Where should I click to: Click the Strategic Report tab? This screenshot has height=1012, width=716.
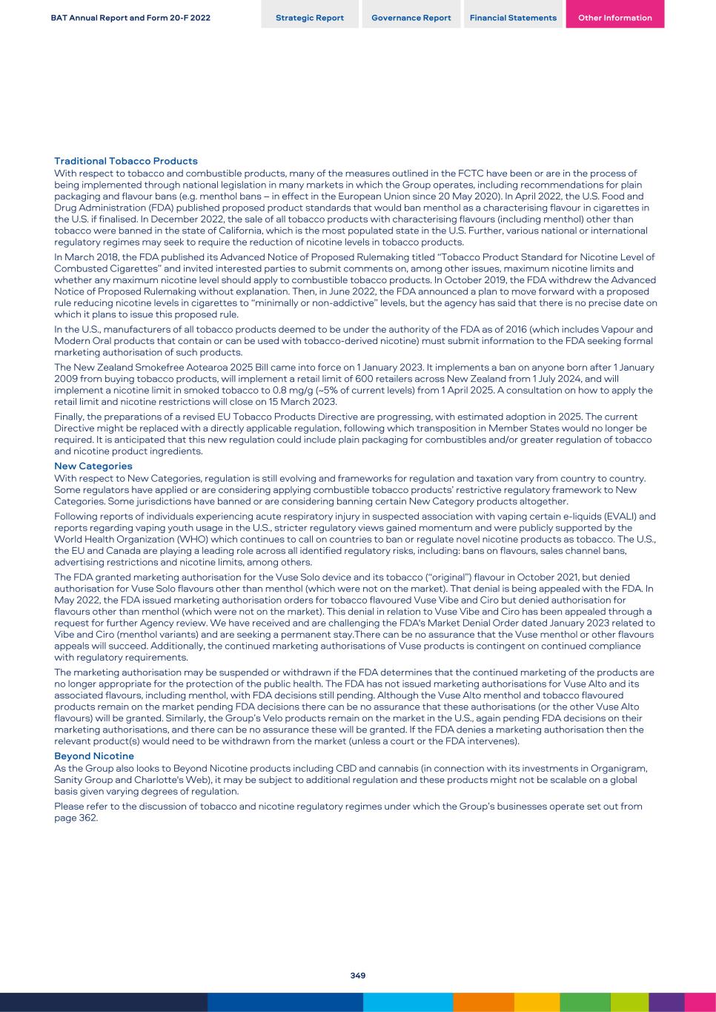tap(309, 18)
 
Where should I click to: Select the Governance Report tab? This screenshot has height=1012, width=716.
tap(411, 18)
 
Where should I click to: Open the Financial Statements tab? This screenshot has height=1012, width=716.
tap(513, 18)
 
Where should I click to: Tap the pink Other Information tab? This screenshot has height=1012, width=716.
tap(614, 18)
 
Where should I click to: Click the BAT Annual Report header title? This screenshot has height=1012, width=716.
tap(130, 18)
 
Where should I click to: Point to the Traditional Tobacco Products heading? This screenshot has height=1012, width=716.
tap(126, 161)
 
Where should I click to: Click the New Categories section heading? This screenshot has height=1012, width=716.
tap(93, 466)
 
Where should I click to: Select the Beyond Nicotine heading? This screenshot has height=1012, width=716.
tap(94, 756)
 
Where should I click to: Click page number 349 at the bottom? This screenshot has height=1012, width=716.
tap(358, 976)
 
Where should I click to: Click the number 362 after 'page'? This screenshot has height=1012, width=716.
tap(88, 818)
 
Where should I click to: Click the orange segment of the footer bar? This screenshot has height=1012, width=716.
tap(483, 1002)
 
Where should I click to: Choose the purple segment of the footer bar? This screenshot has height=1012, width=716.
tap(666, 1002)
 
